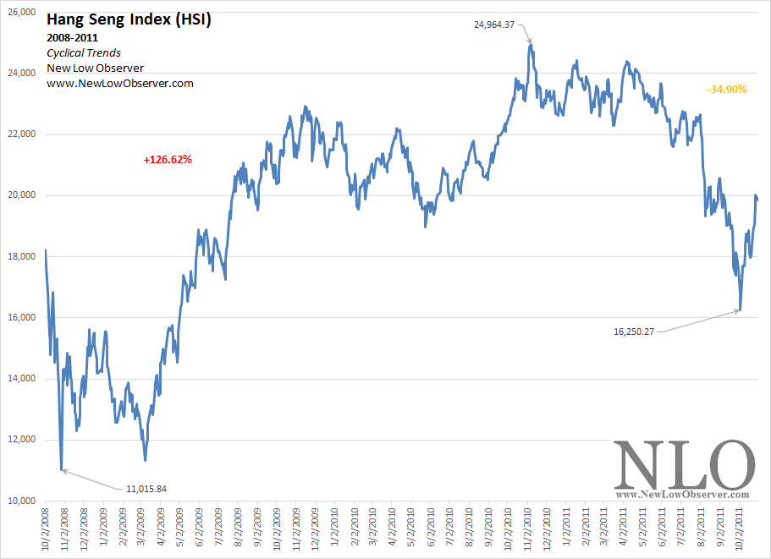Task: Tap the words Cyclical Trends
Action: point(83,52)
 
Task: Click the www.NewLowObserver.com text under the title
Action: point(120,83)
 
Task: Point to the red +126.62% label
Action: point(168,158)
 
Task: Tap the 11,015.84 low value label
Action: point(146,488)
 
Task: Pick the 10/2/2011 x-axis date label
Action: point(740,528)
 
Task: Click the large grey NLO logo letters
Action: point(683,464)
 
